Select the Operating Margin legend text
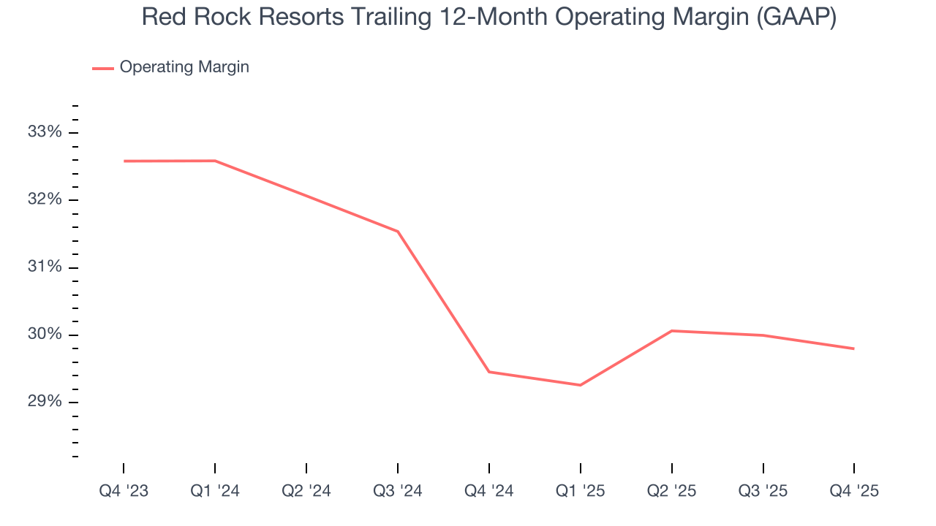[x=184, y=67]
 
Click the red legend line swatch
[x=102, y=68]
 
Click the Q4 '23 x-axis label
[x=124, y=491]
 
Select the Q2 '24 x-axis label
[x=306, y=491]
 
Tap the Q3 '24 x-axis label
[x=398, y=491]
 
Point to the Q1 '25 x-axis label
[x=581, y=491]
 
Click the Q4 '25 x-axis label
[x=854, y=491]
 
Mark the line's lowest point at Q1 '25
[x=581, y=385]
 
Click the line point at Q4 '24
[x=489, y=372]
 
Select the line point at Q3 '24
[x=398, y=232]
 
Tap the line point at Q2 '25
[x=672, y=331]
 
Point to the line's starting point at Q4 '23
[x=124, y=161]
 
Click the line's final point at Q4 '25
[x=854, y=348]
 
